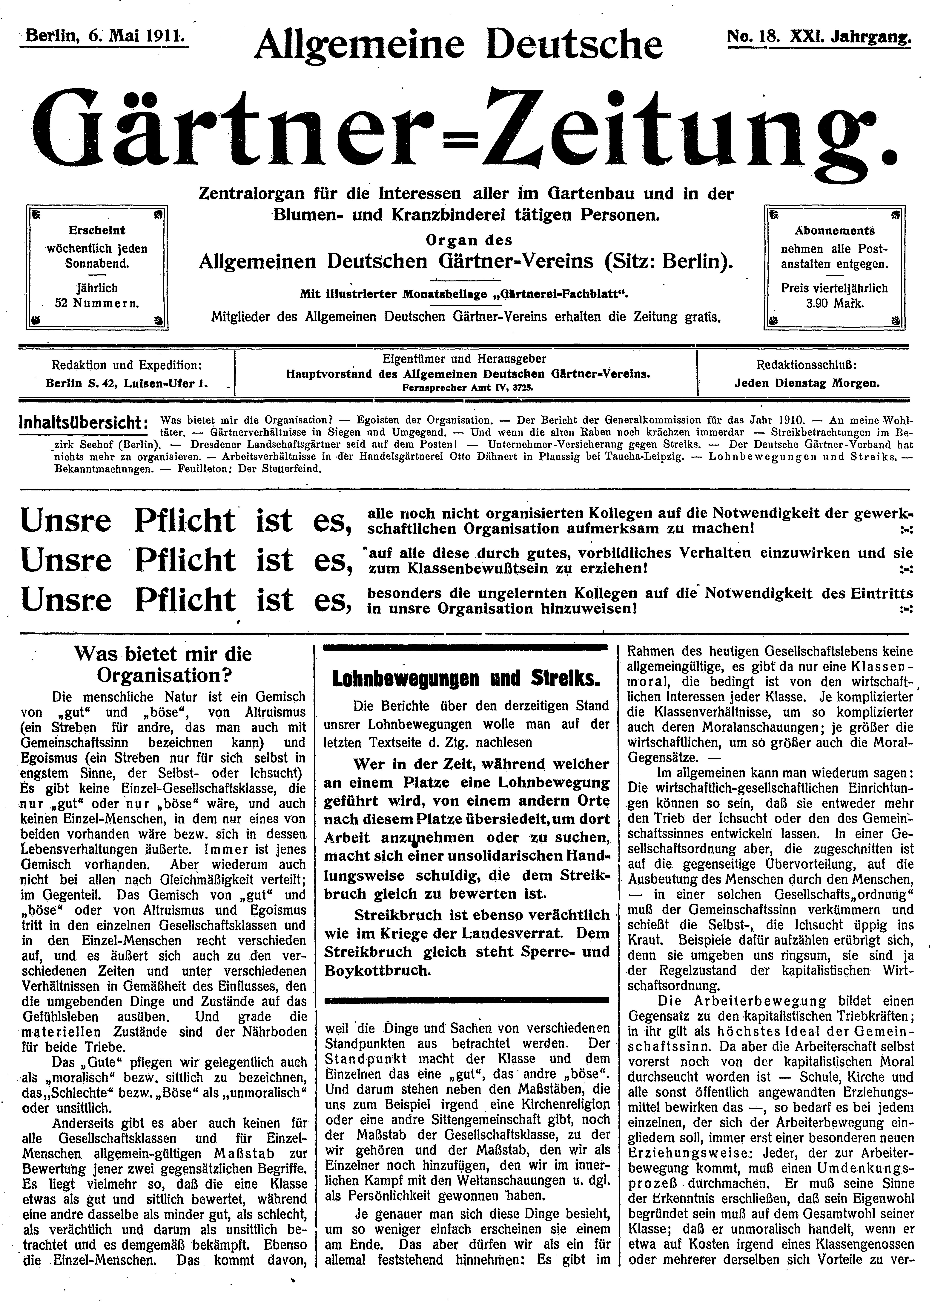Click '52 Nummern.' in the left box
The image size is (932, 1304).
97,303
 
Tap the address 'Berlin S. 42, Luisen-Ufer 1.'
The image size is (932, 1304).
127,384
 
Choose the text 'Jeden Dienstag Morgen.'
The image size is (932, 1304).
807,384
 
